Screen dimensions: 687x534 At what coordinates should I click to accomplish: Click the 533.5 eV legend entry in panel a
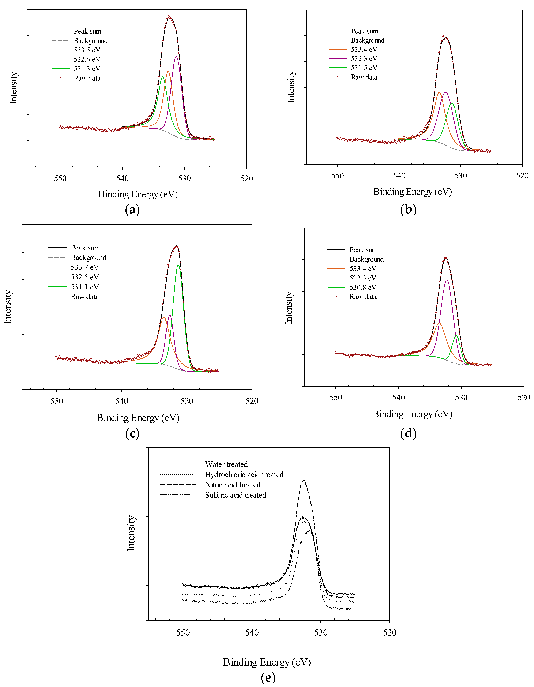point(87,50)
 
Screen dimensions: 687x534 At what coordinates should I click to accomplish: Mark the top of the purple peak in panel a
point(176,57)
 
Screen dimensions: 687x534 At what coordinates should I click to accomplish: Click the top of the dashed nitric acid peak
point(304,480)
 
